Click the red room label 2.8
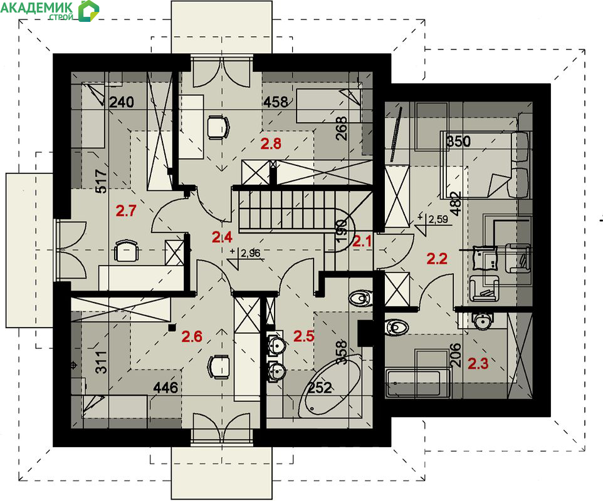(x=271, y=143)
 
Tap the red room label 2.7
(x=126, y=211)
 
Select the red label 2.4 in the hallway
(x=222, y=237)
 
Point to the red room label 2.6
(x=192, y=336)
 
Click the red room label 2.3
(x=478, y=363)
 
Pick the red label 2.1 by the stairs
(x=362, y=242)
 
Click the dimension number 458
(x=276, y=102)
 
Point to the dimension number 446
(x=165, y=388)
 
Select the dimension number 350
(x=458, y=142)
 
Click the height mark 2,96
(x=250, y=253)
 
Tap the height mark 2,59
(x=438, y=219)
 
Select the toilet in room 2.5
(x=360, y=297)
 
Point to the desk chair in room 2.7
(x=126, y=251)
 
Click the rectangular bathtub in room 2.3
(x=418, y=383)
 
